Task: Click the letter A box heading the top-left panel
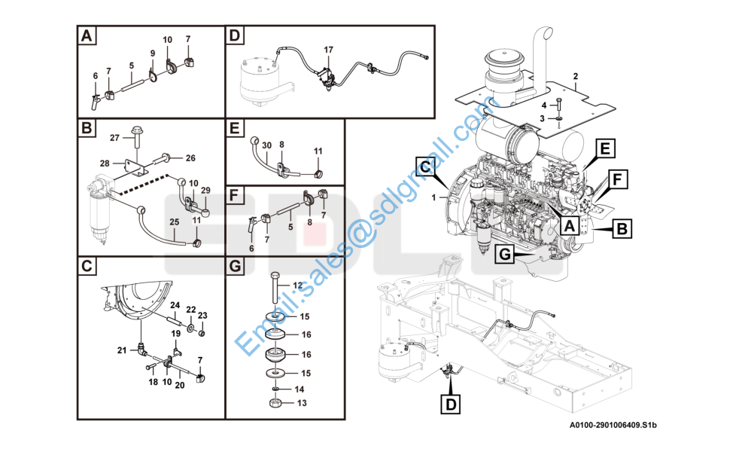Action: (x=87, y=35)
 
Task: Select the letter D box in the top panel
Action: (x=236, y=35)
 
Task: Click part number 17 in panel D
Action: (x=328, y=50)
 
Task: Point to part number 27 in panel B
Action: (x=115, y=137)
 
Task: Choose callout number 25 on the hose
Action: (x=174, y=222)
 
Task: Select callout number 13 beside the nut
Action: (x=302, y=403)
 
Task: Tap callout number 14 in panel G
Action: (x=300, y=389)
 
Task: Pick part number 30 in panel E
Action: (x=266, y=144)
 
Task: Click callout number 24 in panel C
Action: (x=174, y=305)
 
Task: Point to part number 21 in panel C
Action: (x=121, y=350)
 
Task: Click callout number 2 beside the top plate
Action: (x=575, y=76)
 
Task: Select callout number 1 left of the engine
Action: (x=433, y=197)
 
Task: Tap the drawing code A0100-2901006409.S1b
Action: (x=613, y=426)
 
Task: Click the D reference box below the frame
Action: (x=451, y=405)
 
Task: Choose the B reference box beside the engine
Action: (x=622, y=228)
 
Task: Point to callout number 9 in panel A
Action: (x=152, y=53)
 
